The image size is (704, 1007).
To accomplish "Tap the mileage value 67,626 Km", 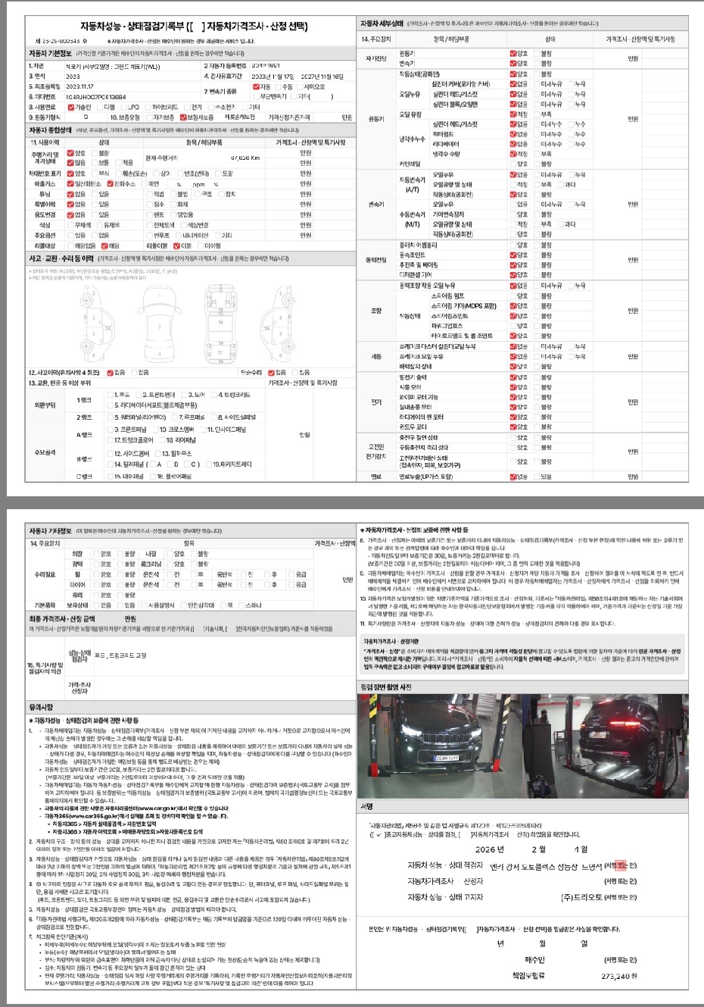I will coord(245,158).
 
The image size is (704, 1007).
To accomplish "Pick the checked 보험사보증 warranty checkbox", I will coord(183,117).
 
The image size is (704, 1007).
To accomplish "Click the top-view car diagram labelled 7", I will coord(160,327).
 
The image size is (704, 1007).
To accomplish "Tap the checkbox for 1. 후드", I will coord(111,395).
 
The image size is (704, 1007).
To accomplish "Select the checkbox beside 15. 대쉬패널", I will coord(111,476).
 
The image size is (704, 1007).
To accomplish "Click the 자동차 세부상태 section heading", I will coord(382,23).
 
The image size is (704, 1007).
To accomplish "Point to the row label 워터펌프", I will coord(442,134).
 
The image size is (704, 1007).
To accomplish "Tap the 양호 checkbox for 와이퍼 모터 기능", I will coord(513,396).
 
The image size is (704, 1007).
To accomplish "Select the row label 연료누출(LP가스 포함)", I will coord(425,477).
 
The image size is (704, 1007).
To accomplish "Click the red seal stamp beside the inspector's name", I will coord(621,865).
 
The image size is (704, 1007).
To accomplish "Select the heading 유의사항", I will coord(42,707).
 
